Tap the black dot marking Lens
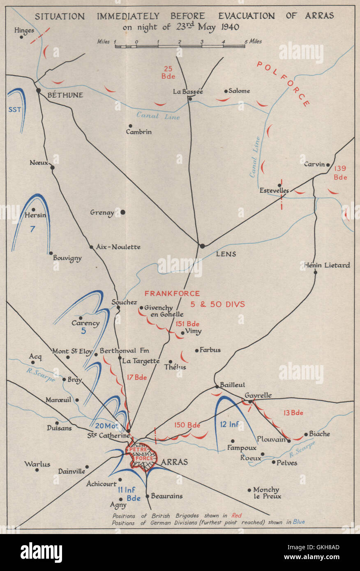pyautogui.click(x=202, y=246)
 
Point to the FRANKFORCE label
pyautogui.click(x=172, y=294)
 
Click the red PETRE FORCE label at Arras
pyautogui.click(x=141, y=452)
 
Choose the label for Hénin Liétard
pyautogui.click(x=327, y=265)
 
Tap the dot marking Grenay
pyautogui.click(x=122, y=212)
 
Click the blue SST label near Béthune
pyautogui.click(x=14, y=110)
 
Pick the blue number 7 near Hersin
pyautogui.click(x=32, y=229)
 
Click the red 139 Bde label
pyautogui.click(x=341, y=173)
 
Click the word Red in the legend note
pyautogui.click(x=237, y=516)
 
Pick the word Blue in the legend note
pyautogui.click(x=298, y=522)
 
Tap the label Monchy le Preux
pyautogui.click(x=266, y=493)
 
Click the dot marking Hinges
pyautogui.click(x=21, y=37)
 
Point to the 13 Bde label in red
pyautogui.click(x=293, y=413)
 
